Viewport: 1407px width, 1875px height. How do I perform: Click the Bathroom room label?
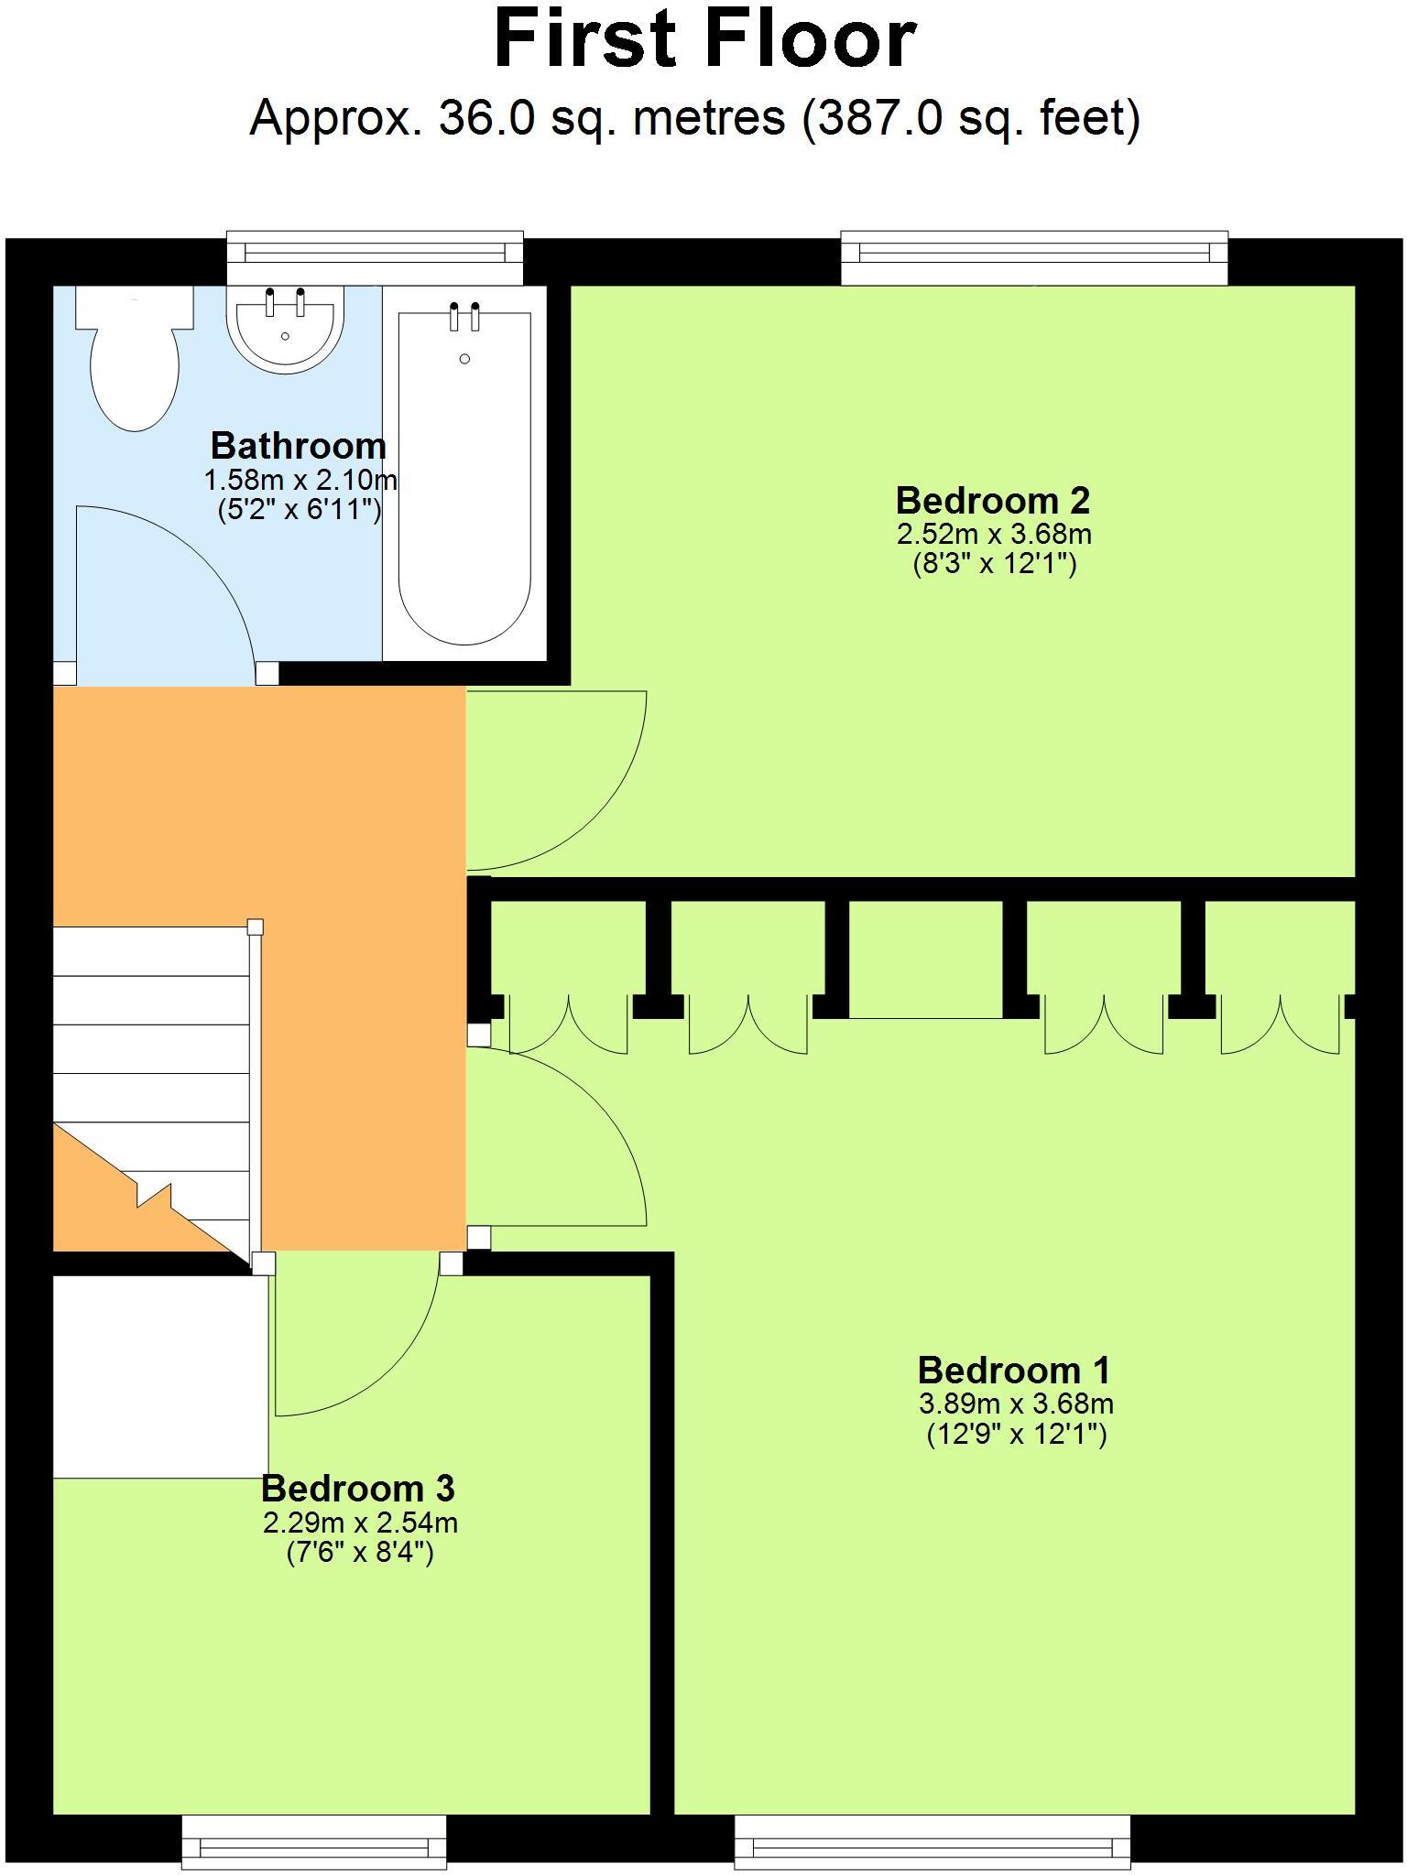click(x=299, y=446)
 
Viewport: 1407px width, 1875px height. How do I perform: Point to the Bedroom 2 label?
click(x=993, y=501)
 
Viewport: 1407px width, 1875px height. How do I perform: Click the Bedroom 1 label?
click(x=1014, y=1371)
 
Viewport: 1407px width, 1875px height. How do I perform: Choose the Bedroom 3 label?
click(x=358, y=1489)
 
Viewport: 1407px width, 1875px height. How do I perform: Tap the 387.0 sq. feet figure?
click(x=972, y=118)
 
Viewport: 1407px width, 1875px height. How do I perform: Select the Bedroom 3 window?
click(x=314, y=1840)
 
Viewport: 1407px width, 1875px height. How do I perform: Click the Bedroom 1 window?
click(x=933, y=1840)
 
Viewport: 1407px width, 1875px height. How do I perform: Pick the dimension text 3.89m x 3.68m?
click(x=1016, y=1404)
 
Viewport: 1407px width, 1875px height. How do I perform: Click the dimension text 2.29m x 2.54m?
click(x=360, y=1523)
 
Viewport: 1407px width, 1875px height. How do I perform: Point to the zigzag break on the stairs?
click(x=153, y=1195)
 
